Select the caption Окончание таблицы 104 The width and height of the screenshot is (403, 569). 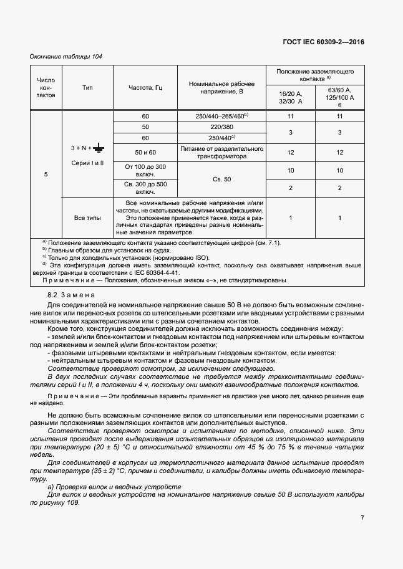pos(66,57)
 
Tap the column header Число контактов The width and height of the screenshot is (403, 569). pos(46,88)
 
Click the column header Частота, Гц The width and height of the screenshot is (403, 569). pos(145,88)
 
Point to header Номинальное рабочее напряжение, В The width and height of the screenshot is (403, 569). pos(221,88)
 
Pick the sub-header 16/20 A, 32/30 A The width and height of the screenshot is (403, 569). pos(290,97)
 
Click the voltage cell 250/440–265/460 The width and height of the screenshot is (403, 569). pos(221,116)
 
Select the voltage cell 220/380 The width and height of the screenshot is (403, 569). pos(221,127)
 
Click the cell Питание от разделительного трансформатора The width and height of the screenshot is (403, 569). pos(221,153)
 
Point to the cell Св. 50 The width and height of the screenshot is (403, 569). pos(221,179)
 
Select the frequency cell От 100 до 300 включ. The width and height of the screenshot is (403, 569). pos(145,171)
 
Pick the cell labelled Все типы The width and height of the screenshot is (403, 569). pos(87,218)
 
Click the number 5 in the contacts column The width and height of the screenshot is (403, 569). pos(46,174)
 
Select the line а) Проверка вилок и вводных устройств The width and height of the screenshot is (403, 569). pos(114,486)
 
